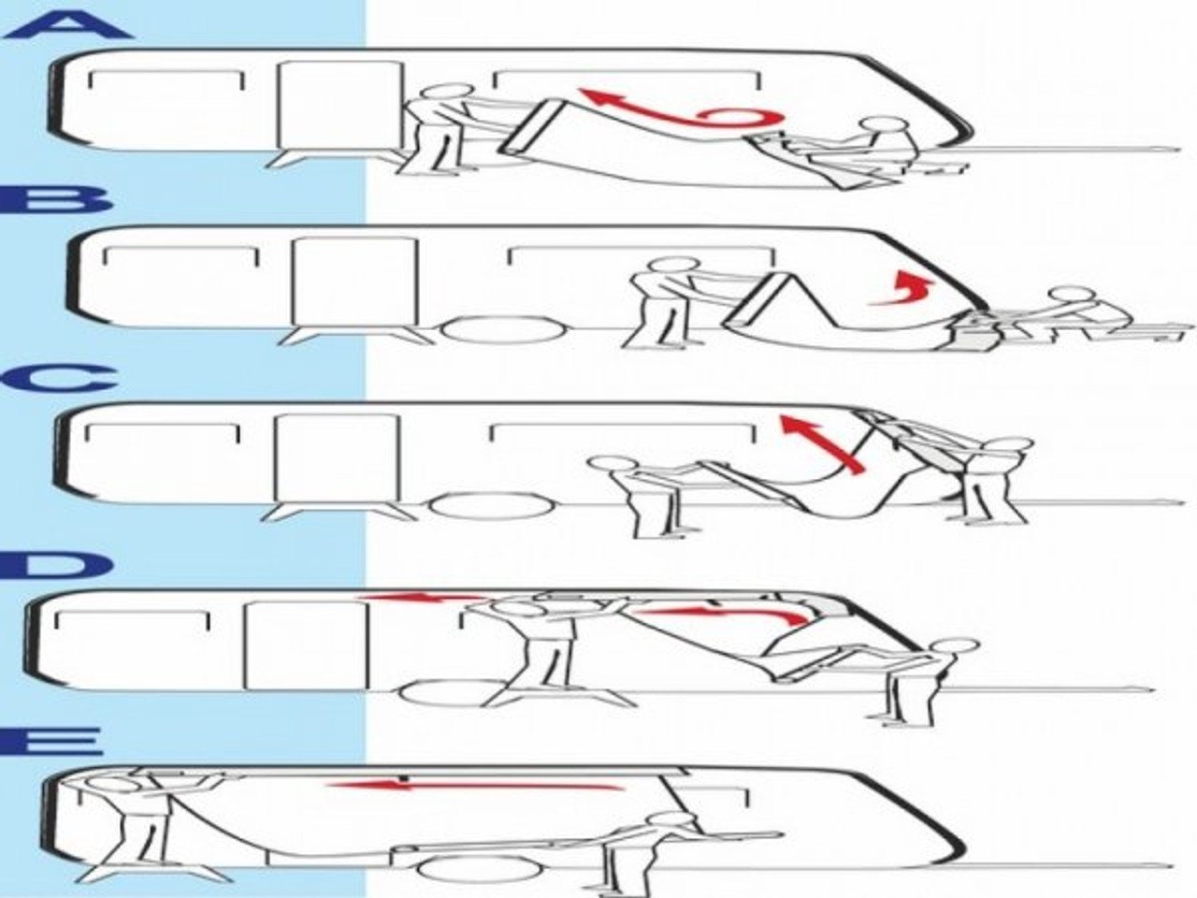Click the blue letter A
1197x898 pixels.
click(x=65, y=21)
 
